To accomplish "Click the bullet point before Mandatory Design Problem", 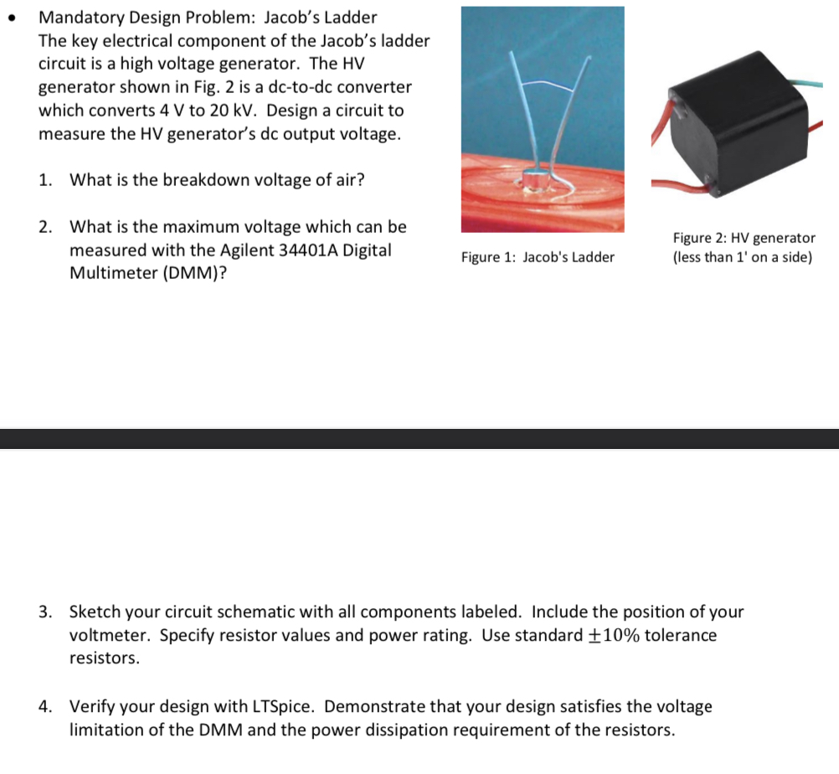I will pos(10,18).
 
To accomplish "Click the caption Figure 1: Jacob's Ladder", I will pos(537,257).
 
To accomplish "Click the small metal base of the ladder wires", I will pos(533,177).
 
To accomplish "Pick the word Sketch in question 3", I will pos(96,611).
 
